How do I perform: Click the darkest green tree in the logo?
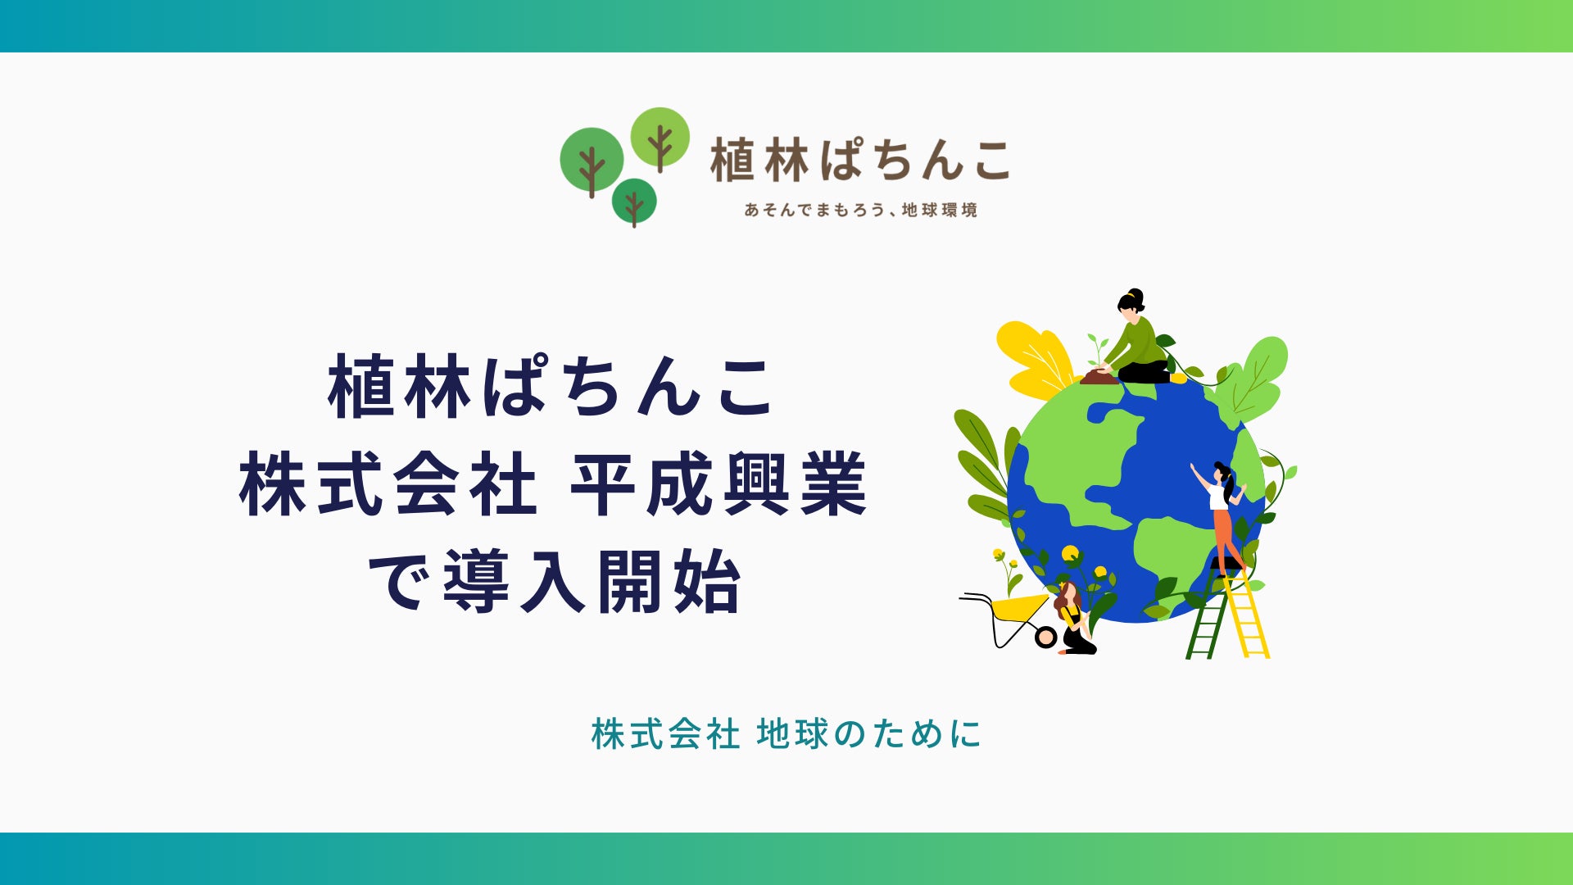634,201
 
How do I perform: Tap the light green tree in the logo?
660,138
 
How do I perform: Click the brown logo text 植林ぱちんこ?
860,160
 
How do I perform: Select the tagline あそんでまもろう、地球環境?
861,211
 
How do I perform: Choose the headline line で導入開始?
555,582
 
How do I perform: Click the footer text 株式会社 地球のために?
786,734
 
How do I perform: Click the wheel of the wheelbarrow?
1045,637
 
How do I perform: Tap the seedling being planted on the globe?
1095,350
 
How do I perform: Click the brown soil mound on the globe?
1099,378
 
